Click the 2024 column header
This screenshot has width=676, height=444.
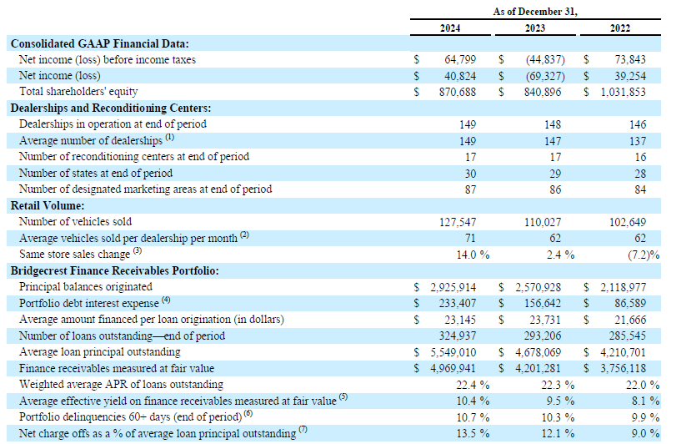[x=449, y=28]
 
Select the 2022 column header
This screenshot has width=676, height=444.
[x=620, y=28]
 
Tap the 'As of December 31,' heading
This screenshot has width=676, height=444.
[x=535, y=12]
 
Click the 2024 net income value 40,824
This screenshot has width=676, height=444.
[x=460, y=76]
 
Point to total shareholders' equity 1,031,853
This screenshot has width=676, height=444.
[x=623, y=92]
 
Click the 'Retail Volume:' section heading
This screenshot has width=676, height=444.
[x=48, y=205]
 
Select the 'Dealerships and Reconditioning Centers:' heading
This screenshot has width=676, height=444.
[x=111, y=108]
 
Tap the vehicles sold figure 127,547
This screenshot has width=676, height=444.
[x=458, y=222]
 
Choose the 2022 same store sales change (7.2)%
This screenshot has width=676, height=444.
[x=643, y=255]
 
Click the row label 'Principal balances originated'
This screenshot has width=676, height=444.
[x=85, y=287]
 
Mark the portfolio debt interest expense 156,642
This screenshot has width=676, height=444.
[x=543, y=303]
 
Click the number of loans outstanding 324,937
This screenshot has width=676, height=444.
[x=458, y=336]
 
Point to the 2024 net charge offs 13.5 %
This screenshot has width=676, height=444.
[x=473, y=433]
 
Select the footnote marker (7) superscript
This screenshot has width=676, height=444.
[x=303, y=429]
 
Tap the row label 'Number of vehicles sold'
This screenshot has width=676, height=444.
[x=76, y=222]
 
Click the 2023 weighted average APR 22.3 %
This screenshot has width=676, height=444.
[x=558, y=385]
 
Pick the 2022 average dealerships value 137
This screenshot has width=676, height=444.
[x=637, y=141]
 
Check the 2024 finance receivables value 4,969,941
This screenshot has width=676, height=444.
[x=453, y=369]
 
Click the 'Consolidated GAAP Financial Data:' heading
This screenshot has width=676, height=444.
[x=99, y=43]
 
